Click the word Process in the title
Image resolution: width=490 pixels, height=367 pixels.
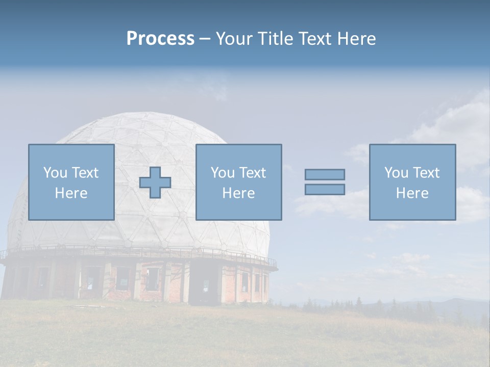point(160,39)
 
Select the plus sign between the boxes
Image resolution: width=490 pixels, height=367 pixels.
point(155,182)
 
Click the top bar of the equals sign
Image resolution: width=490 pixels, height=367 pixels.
point(325,174)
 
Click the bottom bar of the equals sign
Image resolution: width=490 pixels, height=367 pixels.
point(325,189)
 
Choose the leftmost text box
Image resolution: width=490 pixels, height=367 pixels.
point(71,182)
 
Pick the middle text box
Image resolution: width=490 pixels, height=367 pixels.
point(238,182)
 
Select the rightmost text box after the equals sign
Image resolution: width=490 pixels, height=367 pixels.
point(412,182)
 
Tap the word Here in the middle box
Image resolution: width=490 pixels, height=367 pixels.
point(238,193)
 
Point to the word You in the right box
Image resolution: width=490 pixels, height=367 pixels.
point(397,173)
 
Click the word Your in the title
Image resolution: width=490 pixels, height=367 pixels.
point(234,39)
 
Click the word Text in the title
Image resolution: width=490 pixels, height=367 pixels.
point(315,39)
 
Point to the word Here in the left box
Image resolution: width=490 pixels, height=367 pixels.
point(71,193)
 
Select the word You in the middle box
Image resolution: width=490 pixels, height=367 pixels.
point(223,173)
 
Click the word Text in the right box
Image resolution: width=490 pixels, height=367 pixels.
point(426,173)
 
